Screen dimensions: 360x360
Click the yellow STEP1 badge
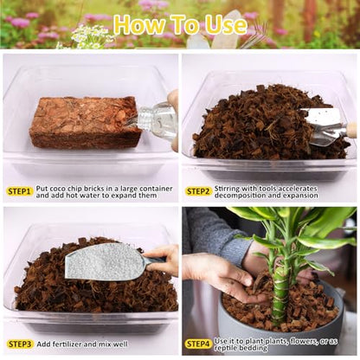[x=19, y=191]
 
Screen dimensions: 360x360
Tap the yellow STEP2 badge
[x=198, y=191]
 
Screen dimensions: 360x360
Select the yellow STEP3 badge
[x=20, y=344]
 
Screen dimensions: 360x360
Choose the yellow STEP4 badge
[x=198, y=344]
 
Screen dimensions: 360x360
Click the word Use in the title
[x=226, y=24]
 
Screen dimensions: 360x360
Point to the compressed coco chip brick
[x=86, y=122]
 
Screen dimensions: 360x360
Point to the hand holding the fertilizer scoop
[x=163, y=257]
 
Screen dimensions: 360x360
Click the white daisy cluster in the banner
[x=87, y=37]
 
